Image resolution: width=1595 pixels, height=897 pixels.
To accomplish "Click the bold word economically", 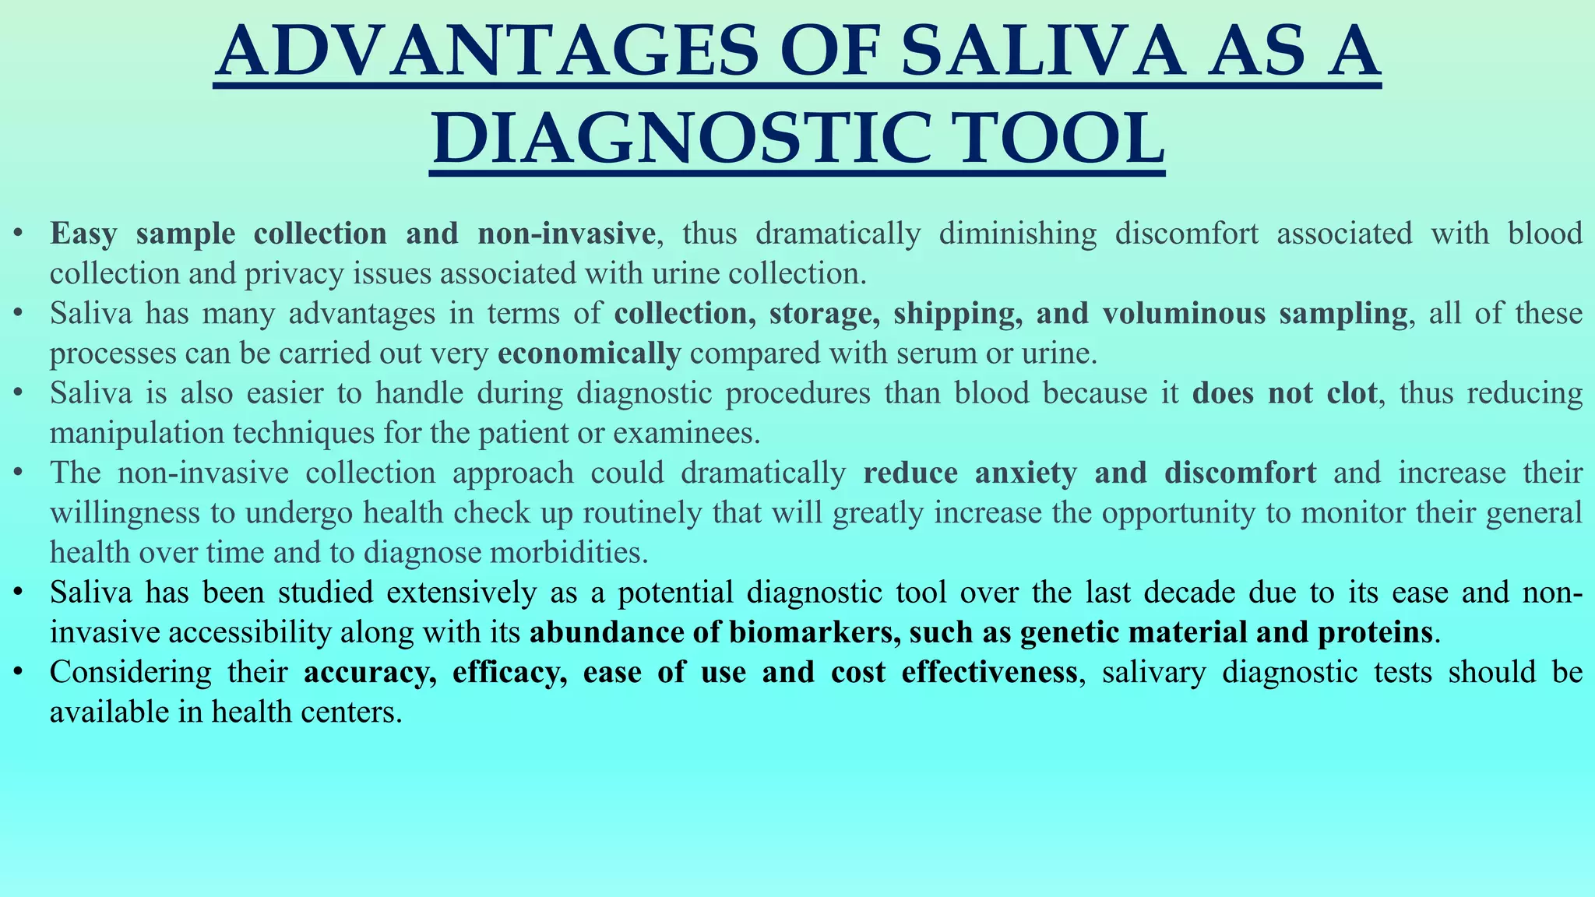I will tap(589, 354).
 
